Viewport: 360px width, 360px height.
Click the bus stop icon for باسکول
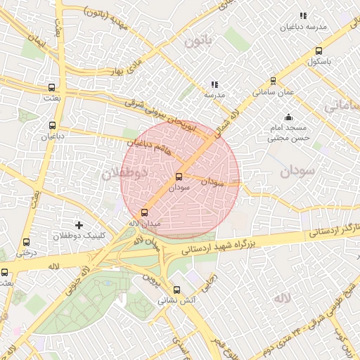tap(319, 51)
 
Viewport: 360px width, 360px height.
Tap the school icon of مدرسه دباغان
tap(303, 15)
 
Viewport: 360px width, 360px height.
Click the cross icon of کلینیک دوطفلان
tap(79, 225)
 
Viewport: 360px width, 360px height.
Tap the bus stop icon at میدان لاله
tap(145, 212)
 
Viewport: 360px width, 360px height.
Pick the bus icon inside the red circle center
tap(179, 176)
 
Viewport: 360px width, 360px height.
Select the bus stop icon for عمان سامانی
tap(274, 81)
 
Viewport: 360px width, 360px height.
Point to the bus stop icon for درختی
tap(26, 241)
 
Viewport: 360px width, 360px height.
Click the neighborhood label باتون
tap(198, 42)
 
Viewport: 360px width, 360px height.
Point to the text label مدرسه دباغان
tap(303, 27)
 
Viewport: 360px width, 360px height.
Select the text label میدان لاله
tap(145, 223)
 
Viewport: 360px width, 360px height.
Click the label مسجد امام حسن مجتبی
tap(288, 133)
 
